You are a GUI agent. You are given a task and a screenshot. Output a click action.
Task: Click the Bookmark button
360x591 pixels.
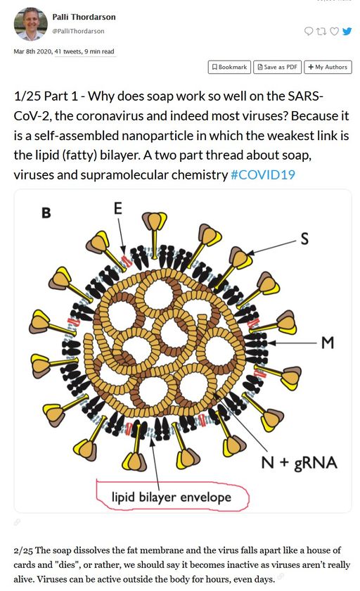click(x=229, y=67)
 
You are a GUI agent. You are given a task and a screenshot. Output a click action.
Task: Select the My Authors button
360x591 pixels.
click(x=328, y=67)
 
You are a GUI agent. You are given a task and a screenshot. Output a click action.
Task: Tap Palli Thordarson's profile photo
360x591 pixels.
click(x=30, y=24)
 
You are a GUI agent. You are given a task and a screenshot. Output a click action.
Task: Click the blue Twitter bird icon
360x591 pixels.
click(x=347, y=31)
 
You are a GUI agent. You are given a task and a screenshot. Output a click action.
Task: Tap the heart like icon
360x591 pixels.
click(x=334, y=31)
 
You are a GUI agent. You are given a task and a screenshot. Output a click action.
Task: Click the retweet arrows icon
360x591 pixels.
click(x=321, y=31)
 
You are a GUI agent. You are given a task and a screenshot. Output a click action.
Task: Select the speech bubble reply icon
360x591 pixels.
click(x=309, y=31)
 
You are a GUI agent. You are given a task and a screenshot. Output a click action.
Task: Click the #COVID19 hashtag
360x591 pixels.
click(x=262, y=175)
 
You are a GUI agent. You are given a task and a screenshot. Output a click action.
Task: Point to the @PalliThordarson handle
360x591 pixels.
click(x=78, y=31)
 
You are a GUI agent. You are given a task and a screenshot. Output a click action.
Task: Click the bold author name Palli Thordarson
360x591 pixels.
click(x=84, y=17)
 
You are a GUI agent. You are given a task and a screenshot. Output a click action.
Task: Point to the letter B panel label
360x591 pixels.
click(x=46, y=213)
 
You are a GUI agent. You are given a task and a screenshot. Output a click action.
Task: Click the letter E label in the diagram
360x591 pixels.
click(x=118, y=208)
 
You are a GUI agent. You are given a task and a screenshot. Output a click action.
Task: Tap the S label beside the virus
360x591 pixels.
click(x=304, y=239)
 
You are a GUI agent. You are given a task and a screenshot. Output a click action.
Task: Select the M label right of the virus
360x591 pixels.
click(x=328, y=342)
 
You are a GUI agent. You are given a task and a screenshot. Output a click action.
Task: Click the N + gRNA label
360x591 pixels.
click(x=299, y=462)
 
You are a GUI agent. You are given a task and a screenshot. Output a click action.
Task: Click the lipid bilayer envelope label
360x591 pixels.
click(x=172, y=497)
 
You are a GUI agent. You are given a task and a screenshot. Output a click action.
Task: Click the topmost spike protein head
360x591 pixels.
click(x=155, y=220)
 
